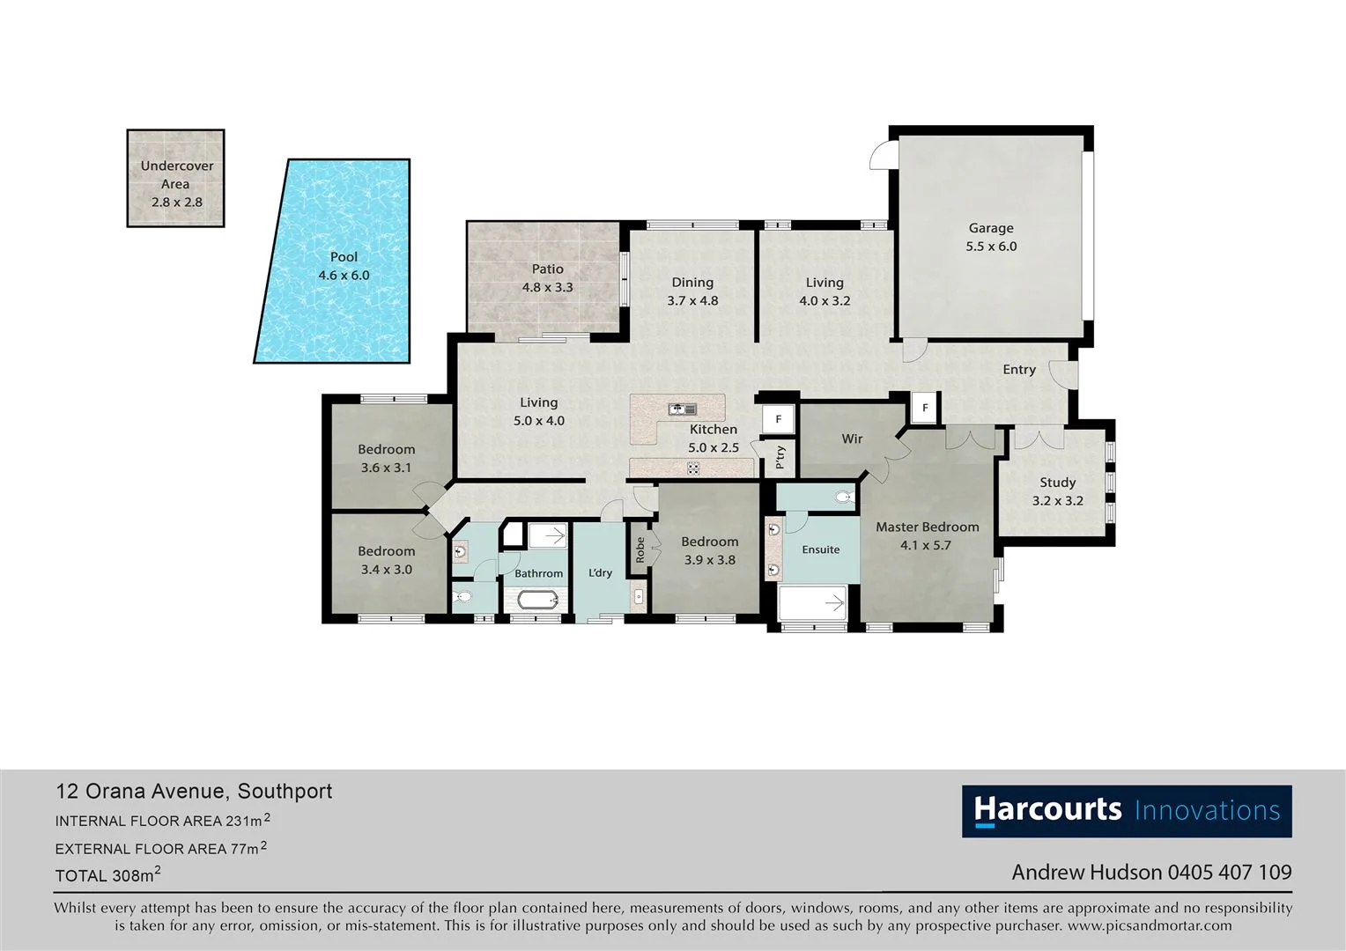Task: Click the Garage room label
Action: [991, 228]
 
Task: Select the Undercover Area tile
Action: [175, 179]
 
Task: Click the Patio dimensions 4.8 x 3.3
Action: [547, 287]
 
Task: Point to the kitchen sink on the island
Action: [682, 409]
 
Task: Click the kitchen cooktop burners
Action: [693, 468]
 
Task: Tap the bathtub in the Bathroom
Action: [537, 601]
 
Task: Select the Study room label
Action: [1057, 483]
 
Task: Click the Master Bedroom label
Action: [927, 527]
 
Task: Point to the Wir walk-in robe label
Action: [852, 439]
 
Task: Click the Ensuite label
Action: [820, 549]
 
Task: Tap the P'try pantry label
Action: [780, 457]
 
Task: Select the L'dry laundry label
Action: [600, 572]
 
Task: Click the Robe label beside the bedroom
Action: [640, 550]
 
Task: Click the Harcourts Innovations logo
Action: [1126, 811]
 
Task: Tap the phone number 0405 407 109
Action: [1229, 873]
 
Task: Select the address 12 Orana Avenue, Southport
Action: [194, 791]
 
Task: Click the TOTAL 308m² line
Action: [107, 875]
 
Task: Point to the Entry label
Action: [1018, 370]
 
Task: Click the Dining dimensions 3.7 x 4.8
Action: [692, 301]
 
